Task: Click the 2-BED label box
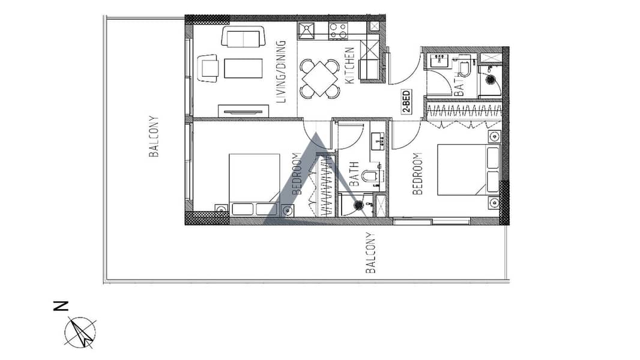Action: (406, 102)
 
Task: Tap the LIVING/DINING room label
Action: (281, 71)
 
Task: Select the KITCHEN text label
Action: (350, 65)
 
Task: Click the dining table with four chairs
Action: (320, 79)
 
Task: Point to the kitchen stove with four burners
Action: (338, 31)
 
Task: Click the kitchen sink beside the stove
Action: (306, 31)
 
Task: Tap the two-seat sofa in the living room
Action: (243, 37)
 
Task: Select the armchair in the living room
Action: (208, 68)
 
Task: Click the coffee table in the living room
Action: (243, 68)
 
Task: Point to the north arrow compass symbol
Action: (81, 332)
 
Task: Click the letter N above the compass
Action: (61, 306)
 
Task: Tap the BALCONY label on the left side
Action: (154, 137)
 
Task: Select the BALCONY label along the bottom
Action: (370, 253)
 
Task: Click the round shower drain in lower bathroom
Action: (359, 205)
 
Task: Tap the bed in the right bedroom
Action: (468, 170)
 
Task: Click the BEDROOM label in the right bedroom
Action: (417, 173)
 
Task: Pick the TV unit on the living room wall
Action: (243, 111)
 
